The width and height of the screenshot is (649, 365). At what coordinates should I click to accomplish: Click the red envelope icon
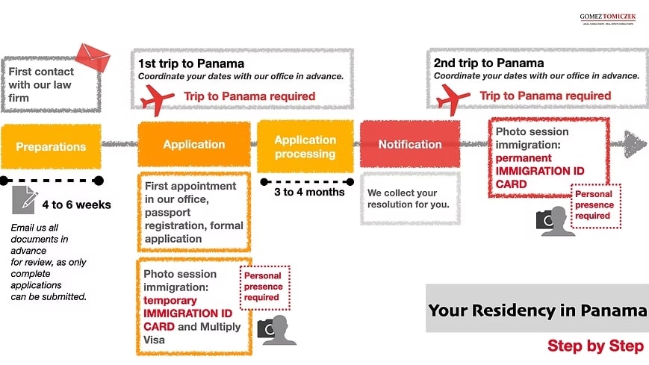point(93,57)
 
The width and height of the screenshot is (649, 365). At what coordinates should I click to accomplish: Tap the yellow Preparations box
point(51,146)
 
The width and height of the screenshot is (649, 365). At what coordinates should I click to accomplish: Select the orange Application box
point(194,144)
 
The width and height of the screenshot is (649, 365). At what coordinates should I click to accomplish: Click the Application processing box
point(305,146)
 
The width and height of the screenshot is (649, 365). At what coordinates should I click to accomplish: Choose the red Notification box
point(410,144)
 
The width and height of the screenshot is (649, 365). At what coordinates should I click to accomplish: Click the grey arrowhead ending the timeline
point(635,145)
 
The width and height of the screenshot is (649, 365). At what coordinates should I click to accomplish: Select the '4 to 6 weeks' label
point(76,204)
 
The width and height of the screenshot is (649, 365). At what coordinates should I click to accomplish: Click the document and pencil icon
point(25,200)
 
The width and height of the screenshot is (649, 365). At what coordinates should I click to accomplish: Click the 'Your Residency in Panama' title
point(537,309)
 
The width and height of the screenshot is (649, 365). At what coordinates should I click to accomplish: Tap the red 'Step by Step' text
point(595,346)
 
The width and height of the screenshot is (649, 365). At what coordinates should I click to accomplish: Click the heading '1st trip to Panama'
point(191,63)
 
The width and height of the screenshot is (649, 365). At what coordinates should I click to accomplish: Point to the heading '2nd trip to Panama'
point(488,63)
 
